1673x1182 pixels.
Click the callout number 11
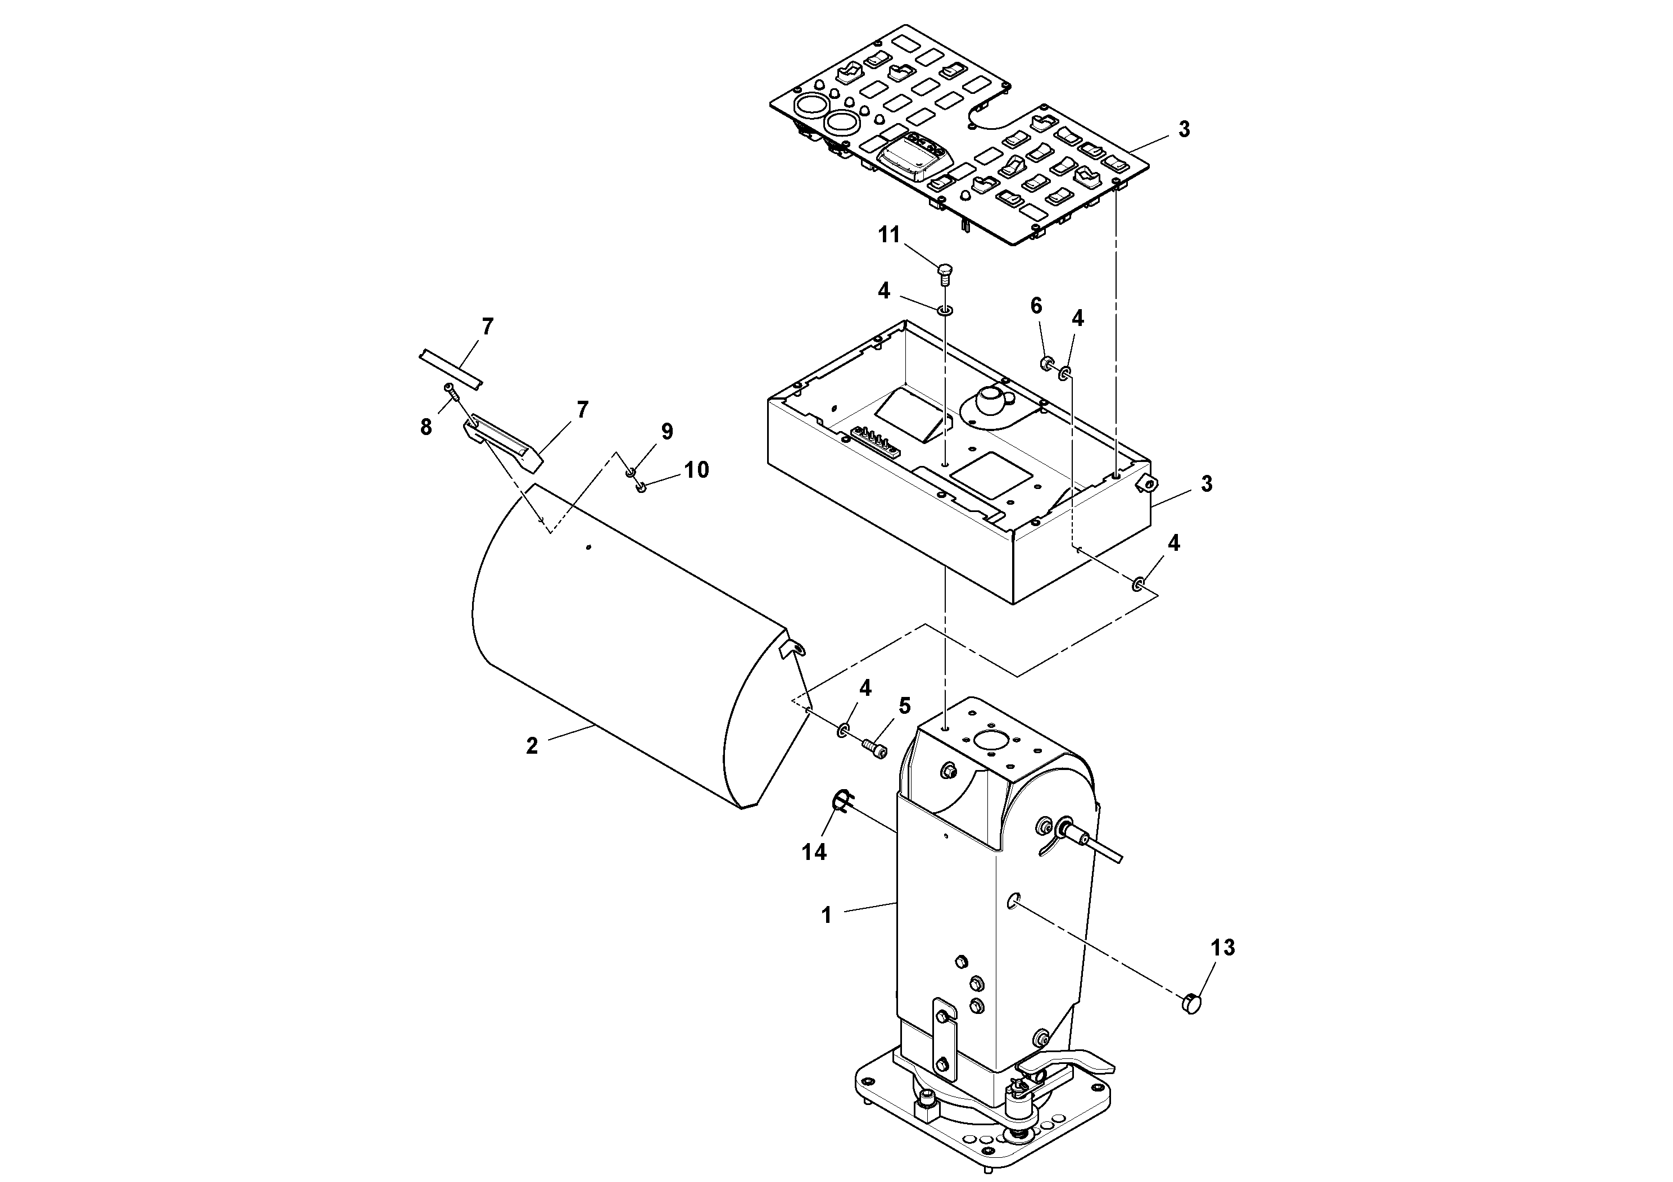(x=888, y=236)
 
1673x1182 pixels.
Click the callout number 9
(x=667, y=432)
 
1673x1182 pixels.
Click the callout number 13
(x=1223, y=948)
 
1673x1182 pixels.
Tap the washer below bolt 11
(x=944, y=312)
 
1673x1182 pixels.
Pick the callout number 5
(x=904, y=705)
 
